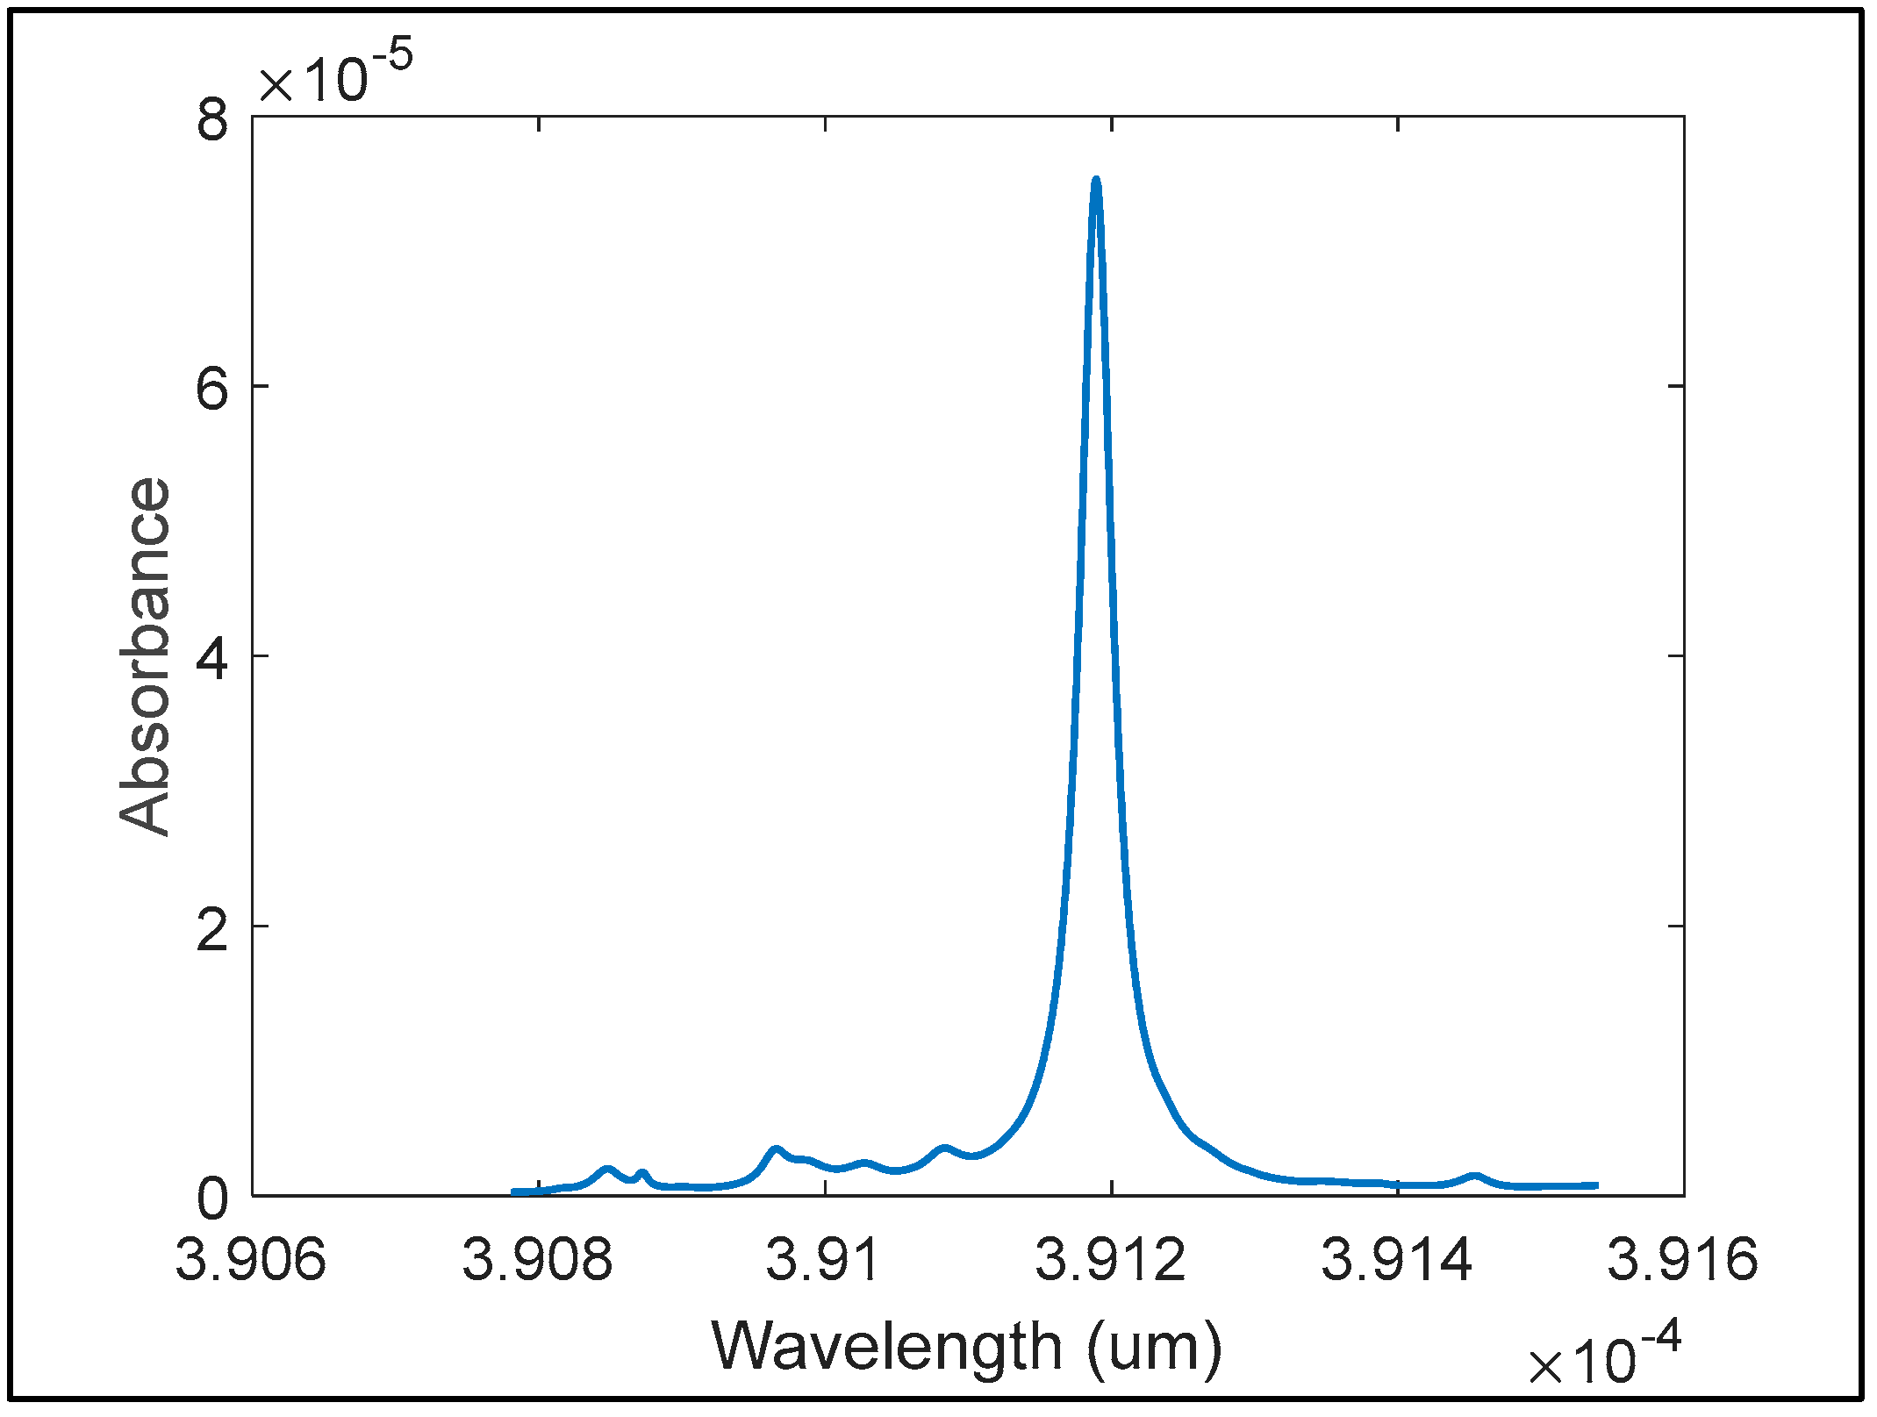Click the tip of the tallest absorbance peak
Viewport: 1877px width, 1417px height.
pyautogui.click(x=1096, y=181)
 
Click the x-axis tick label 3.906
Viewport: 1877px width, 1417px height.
pyautogui.click(x=251, y=1260)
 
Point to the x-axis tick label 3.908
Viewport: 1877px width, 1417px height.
pyautogui.click(x=538, y=1260)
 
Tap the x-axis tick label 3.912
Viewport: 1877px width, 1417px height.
pyautogui.click(x=1111, y=1260)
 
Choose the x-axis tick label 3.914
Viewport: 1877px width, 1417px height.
pyautogui.click(x=1397, y=1260)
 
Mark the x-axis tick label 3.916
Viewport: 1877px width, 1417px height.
pyautogui.click(x=1683, y=1260)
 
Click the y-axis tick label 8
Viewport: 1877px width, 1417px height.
pyautogui.click(x=212, y=118)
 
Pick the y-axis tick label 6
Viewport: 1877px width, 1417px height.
pyautogui.click(x=212, y=387)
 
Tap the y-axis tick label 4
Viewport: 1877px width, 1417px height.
pyautogui.click(x=212, y=656)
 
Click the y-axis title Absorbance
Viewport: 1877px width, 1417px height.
pyautogui.click(x=145, y=656)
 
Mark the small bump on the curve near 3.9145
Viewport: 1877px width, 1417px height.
pyautogui.click(x=1474, y=1177)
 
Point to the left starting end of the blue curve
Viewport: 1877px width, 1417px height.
pyautogui.click(x=515, y=1192)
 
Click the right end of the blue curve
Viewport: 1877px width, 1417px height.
pyautogui.click(x=1595, y=1185)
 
